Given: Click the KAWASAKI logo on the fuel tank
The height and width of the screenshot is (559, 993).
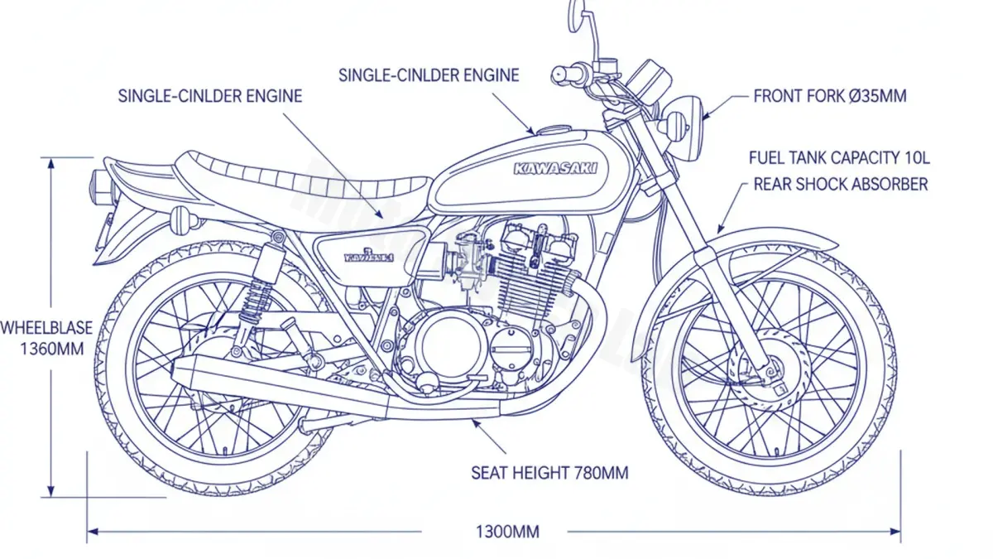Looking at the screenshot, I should [x=559, y=168].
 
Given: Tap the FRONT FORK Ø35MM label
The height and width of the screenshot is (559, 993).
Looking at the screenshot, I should [x=829, y=96].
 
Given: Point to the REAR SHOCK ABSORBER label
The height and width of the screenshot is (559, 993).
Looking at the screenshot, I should [x=840, y=184].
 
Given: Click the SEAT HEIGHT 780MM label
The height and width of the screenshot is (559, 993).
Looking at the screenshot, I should [x=549, y=473].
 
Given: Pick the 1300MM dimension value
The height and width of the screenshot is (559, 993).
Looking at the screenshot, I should [x=507, y=532].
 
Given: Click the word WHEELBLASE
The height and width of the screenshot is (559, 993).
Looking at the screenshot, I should [x=46, y=328].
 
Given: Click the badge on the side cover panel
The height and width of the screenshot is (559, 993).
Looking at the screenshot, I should [x=368, y=257].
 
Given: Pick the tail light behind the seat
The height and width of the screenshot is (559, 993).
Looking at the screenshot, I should [x=102, y=184].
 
